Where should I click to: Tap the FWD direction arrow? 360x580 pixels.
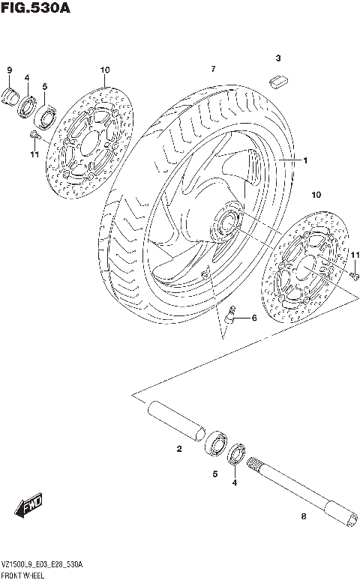click(31, 507)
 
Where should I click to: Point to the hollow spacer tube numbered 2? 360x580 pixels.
click(178, 423)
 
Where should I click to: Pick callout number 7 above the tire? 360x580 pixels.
click(213, 69)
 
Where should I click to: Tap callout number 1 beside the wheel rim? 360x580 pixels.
click(305, 160)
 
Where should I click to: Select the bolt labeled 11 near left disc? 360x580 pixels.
click(34, 135)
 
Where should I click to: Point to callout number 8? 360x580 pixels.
click(303, 516)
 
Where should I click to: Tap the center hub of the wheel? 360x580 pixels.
click(226, 220)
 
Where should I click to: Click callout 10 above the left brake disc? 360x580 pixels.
click(104, 70)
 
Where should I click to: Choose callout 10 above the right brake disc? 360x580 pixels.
click(316, 194)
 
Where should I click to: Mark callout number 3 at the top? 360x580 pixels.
click(277, 58)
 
